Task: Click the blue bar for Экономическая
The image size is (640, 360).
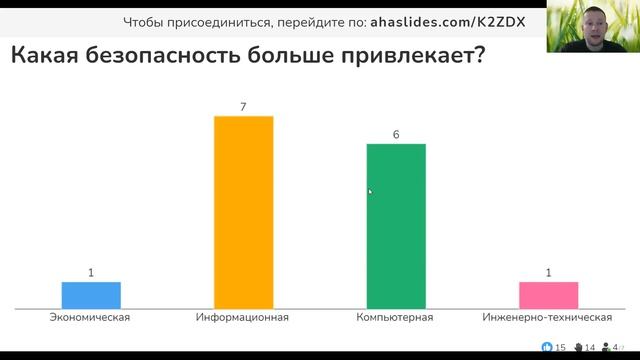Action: pyautogui.click(x=91, y=296)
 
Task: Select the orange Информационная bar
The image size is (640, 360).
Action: pyautogui.click(x=244, y=212)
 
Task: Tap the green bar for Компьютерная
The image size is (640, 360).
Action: pyautogui.click(x=396, y=226)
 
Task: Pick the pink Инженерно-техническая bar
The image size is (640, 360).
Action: pyautogui.click(x=548, y=296)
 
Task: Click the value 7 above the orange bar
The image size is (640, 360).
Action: pyautogui.click(x=244, y=106)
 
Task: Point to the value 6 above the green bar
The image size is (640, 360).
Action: pyautogui.click(x=396, y=134)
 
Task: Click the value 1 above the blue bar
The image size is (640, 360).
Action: pyautogui.click(x=91, y=272)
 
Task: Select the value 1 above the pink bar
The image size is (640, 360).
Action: pyautogui.click(x=548, y=272)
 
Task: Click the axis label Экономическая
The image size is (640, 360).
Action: pyautogui.click(x=91, y=318)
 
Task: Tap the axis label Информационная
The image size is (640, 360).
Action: pyautogui.click(x=243, y=318)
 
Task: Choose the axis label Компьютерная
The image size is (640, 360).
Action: pyautogui.click(x=395, y=318)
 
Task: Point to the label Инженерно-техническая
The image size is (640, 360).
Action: pyautogui.click(x=547, y=318)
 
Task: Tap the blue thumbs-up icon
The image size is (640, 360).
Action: pyautogui.click(x=546, y=347)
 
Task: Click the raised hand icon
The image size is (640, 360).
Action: pyautogui.click(x=577, y=347)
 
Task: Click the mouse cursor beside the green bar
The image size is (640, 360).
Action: pyautogui.click(x=370, y=191)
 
